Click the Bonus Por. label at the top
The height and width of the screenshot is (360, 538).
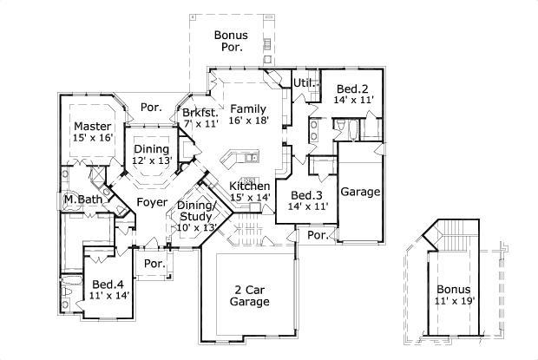click(x=232, y=42)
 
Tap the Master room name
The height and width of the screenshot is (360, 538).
click(x=92, y=126)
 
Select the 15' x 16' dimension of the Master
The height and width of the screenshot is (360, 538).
click(x=92, y=138)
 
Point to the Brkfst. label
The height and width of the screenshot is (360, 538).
click(x=199, y=113)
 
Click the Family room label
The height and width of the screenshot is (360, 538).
click(x=247, y=108)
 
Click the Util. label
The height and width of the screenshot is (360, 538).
click(x=303, y=83)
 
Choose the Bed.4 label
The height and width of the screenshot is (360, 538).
click(x=109, y=284)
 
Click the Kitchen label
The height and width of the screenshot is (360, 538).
click(x=249, y=187)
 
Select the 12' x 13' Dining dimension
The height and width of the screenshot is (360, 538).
click(x=151, y=161)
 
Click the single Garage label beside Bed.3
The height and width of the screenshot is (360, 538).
click(x=360, y=192)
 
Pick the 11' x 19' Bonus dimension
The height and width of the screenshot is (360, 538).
click(x=455, y=302)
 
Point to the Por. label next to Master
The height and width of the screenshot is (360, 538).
click(x=151, y=108)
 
